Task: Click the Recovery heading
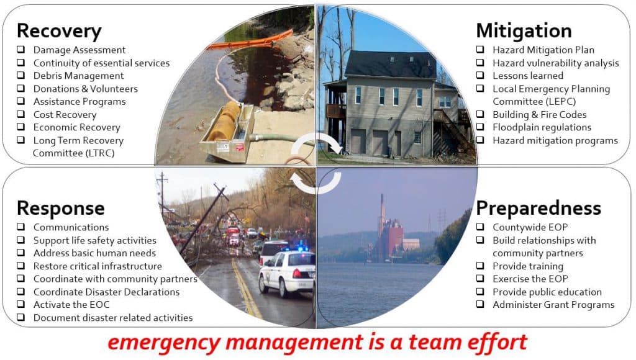[58, 30]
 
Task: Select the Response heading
[60, 207]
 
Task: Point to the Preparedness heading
[538, 207]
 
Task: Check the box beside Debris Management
[20, 76]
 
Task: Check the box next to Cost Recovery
[20, 115]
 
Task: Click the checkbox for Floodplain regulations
[481, 127]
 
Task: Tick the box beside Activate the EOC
[20, 305]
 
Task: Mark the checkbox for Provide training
[481, 266]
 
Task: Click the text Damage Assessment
[79, 50]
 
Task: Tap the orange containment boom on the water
[248, 41]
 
